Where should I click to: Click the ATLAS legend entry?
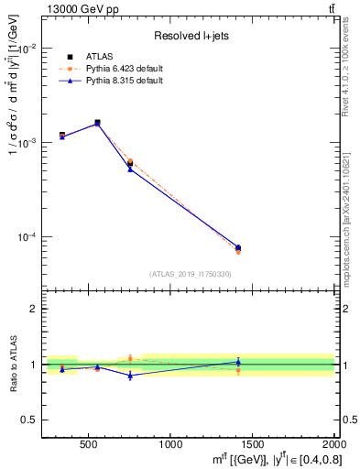pos(100,57)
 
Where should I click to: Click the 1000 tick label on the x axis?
pos(170,444)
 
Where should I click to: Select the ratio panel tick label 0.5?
pos(29,420)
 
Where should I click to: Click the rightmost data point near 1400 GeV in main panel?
pos(238,248)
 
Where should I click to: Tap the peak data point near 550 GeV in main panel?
pos(97,123)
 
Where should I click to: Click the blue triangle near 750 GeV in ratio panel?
pos(130,376)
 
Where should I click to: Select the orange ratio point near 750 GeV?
pos(130,358)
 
